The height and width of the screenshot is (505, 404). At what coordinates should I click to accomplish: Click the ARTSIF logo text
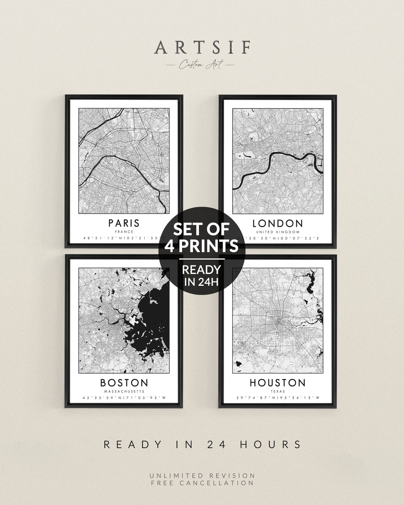click(x=202, y=48)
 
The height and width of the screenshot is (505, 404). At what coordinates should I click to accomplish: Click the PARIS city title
click(x=124, y=223)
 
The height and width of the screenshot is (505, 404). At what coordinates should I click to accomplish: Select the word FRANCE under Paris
click(x=124, y=232)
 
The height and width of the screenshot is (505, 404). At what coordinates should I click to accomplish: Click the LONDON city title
click(x=278, y=224)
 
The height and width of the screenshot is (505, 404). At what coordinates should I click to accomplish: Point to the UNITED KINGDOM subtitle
click(x=278, y=232)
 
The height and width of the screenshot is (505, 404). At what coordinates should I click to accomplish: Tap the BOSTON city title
click(x=124, y=383)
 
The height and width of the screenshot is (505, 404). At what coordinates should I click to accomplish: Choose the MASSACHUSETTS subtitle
click(x=124, y=391)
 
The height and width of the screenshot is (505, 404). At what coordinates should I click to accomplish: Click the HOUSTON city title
click(x=278, y=383)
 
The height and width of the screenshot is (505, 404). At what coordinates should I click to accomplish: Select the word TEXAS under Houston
click(x=278, y=391)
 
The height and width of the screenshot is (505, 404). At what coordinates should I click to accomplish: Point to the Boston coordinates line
click(x=124, y=398)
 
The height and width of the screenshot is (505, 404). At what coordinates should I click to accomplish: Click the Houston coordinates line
click(x=278, y=398)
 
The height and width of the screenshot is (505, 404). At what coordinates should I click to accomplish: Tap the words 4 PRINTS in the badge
click(x=202, y=246)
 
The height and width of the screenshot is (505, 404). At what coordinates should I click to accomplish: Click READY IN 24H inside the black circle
click(x=202, y=275)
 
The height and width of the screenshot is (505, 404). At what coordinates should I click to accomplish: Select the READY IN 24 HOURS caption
click(x=202, y=444)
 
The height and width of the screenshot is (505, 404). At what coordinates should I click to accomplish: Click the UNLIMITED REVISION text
click(x=202, y=475)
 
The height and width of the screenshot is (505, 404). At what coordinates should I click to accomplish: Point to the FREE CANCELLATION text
click(x=202, y=483)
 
